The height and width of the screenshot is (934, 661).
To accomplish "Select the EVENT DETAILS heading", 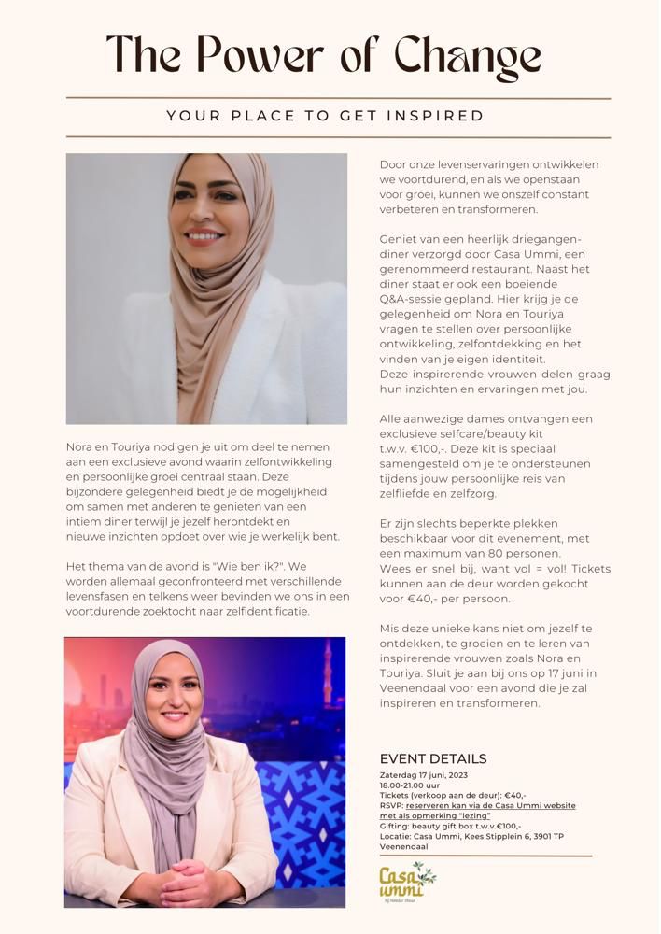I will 433,758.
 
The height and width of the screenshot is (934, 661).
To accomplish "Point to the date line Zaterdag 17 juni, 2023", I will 425,774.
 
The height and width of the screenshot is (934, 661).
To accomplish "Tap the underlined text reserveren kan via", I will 442,805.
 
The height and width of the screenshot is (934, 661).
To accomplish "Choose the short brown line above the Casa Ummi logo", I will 485,856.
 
